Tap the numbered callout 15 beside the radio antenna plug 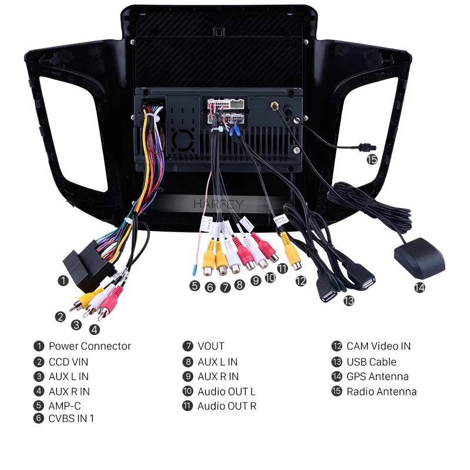click(x=372, y=159)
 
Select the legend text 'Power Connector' click(x=90, y=346)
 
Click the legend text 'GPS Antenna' click(x=377, y=377)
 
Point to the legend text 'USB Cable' click(x=371, y=362)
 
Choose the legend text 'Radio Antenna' click(x=381, y=391)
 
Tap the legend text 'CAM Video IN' click(x=378, y=346)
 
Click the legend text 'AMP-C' click(x=65, y=406)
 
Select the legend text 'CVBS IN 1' click(x=71, y=418)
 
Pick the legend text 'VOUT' click(x=211, y=346)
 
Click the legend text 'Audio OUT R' click(x=227, y=406)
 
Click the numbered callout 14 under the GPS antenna click(x=419, y=288)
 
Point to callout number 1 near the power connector click(x=63, y=281)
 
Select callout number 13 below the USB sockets click(x=348, y=301)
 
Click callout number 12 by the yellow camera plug click(x=301, y=281)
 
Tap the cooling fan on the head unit click(x=183, y=140)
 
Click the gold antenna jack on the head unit click(x=274, y=106)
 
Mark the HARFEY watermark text click(x=218, y=204)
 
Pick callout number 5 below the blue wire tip click(x=194, y=286)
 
